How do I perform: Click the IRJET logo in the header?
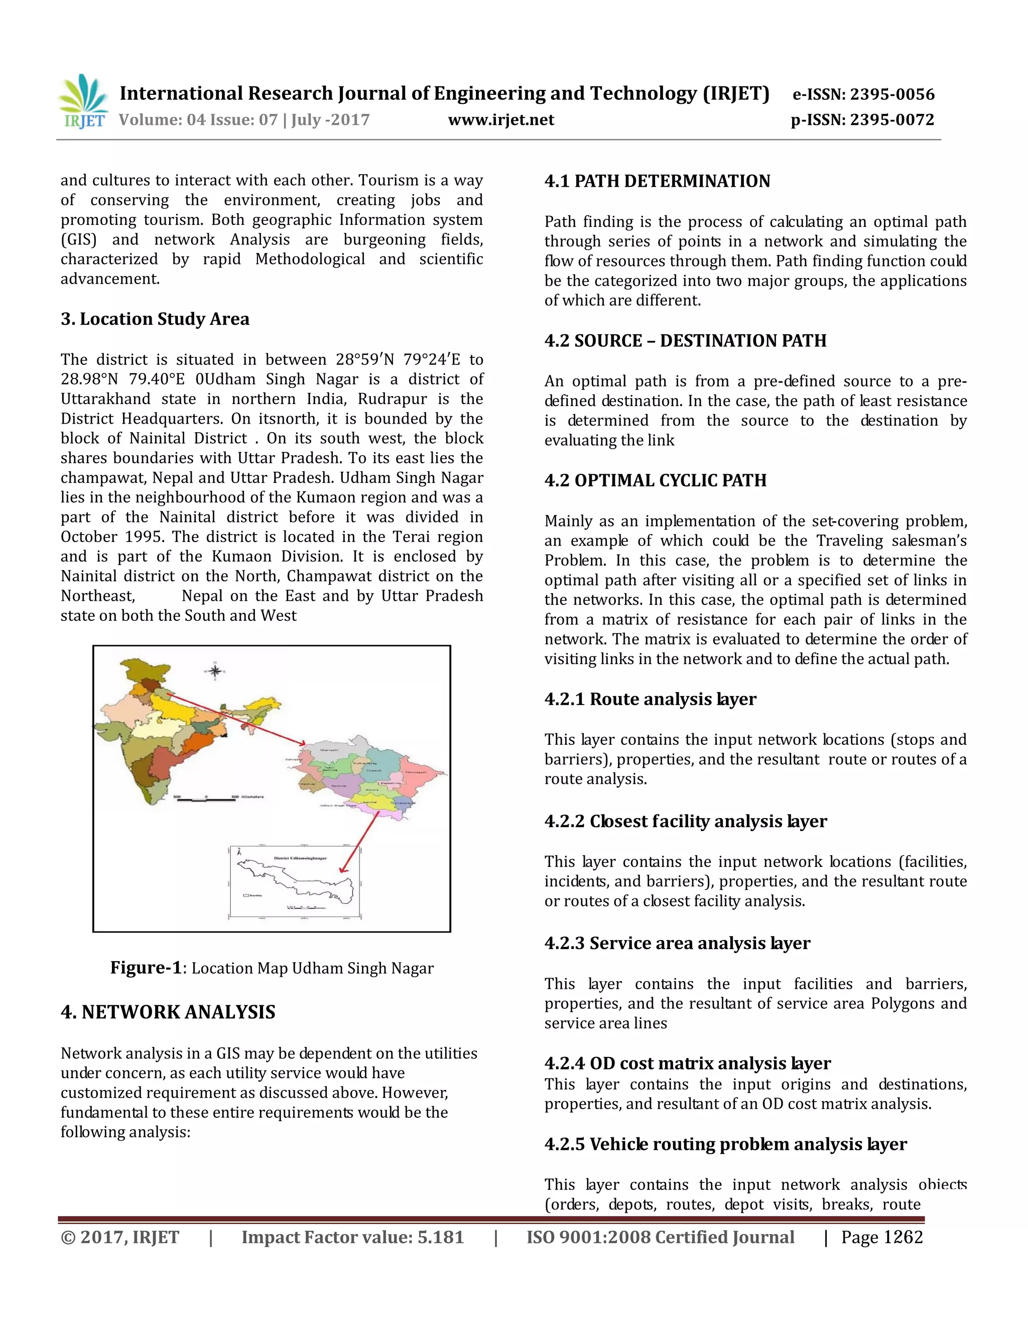(x=83, y=102)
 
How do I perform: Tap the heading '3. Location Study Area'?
(x=155, y=319)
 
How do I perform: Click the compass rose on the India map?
(x=214, y=671)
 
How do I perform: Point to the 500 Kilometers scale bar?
(x=207, y=799)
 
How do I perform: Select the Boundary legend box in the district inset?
(x=246, y=895)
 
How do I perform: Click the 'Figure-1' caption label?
(x=146, y=968)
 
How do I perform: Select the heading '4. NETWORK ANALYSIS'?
(x=168, y=1012)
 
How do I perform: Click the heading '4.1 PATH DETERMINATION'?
(x=657, y=182)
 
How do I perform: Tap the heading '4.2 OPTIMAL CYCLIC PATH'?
(x=655, y=480)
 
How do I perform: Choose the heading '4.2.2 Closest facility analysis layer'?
(x=685, y=822)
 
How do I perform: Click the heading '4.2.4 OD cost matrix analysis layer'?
(x=687, y=1063)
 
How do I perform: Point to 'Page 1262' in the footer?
(x=881, y=1238)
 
